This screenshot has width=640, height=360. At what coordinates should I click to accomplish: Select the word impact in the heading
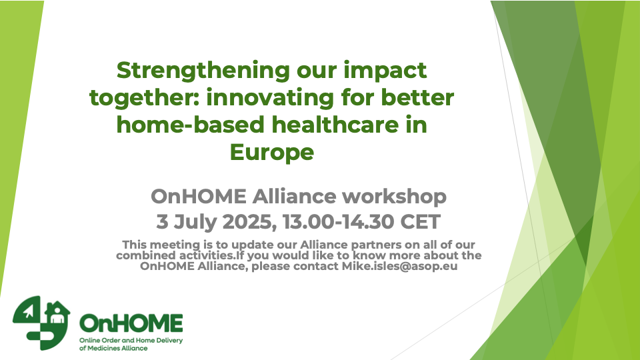coord(385,71)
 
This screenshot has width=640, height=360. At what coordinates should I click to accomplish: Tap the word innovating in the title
coord(270,97)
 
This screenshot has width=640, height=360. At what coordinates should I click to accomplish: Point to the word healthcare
coord(335,125)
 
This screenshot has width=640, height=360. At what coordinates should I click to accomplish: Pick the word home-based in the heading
coord(191,125)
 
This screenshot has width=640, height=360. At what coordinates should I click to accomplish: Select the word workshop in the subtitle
coord(394,197)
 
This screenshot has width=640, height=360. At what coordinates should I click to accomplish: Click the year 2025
coord(247,221)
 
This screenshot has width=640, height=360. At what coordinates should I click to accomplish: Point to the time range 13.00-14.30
coord(338,221)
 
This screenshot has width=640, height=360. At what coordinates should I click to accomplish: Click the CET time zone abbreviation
coord(420,221)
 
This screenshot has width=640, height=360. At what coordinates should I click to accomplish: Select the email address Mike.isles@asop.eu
coord(399,266)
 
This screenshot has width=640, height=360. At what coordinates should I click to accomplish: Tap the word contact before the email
coord(315,266)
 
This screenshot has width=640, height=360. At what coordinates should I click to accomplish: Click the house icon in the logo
coord(57,312)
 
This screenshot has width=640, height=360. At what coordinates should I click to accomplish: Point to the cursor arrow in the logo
coord(28,313)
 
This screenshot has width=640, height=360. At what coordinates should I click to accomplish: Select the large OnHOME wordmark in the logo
coord(131,323)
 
